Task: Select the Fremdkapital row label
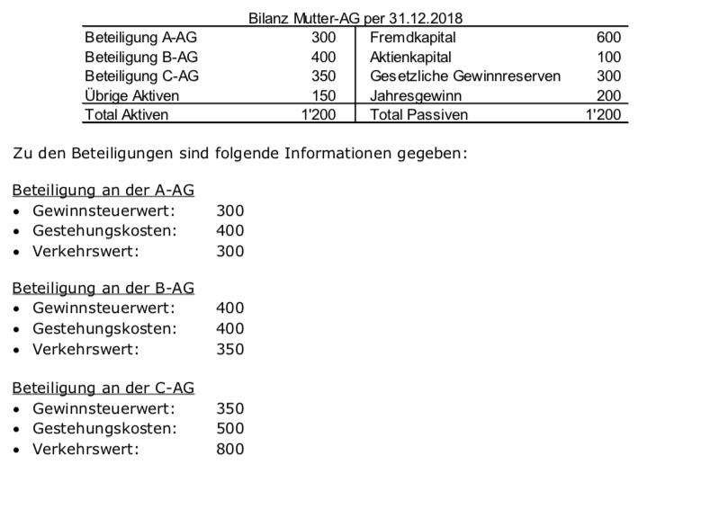point(413,38)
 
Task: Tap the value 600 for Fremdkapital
point(608,38)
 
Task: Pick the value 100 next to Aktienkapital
point(608,57)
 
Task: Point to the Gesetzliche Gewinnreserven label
point(465,76)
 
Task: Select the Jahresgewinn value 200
point(608,95)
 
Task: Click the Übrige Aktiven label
point(131,95)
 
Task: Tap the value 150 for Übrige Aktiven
point(323,95)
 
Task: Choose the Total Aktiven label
point(126,114)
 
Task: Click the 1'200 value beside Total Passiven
point(603,114)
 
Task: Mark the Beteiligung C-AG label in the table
point(141,76)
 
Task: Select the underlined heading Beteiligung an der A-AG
point(103,191)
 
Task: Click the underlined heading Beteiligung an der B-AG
point(103,289)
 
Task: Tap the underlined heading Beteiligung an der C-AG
point(103,388)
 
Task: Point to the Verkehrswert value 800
point(230,448)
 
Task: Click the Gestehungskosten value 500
point(230,428)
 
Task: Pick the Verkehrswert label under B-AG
point(85,349)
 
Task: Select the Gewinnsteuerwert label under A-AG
point(103,210)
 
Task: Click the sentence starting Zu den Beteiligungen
point(239,153)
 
